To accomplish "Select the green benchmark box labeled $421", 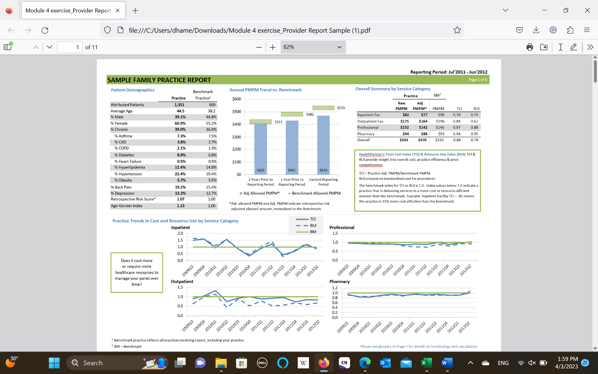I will pos(261,122).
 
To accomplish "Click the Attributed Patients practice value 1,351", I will pos(179,105).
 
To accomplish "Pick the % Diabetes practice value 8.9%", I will pos(181,155).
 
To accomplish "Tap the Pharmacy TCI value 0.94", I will pos(457,134).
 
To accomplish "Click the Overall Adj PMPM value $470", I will pos(422,140).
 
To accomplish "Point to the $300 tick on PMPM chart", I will pos(237,137).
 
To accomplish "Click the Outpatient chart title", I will pos(182,281).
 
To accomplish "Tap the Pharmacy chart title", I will pos(339,281).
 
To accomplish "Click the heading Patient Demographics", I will pos(133,90).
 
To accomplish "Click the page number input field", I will pos(70,47).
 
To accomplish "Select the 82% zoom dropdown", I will pos(313,47).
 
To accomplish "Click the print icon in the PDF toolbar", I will pos(529,47).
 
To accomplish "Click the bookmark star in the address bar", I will pos(457,30).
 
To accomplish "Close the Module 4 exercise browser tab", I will pos(118,10).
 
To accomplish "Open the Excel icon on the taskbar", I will pos(426,363).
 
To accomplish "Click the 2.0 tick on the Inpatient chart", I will pos(180,233).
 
